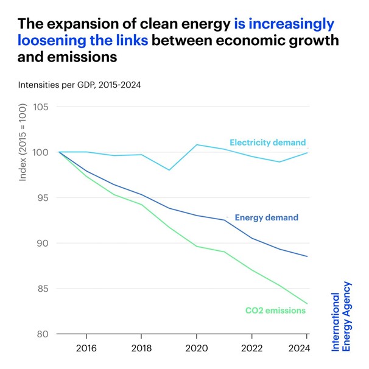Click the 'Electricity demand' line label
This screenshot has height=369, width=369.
[x=267, y=142]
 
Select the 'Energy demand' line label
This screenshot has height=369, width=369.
[x=266, y=217]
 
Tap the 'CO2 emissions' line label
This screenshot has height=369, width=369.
[x=275, y=311]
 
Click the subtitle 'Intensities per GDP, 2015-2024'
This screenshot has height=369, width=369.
[x=79, y=85]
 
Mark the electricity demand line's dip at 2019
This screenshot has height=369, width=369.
[x=169, y=170]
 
